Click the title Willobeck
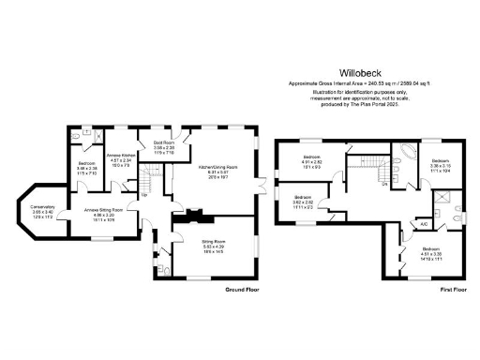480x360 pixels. coord(359,71)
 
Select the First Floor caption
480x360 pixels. coord(454,291)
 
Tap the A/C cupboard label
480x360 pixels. coord(423,224)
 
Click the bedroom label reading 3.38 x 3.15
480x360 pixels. coord(440,164)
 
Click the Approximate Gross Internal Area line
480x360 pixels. coord(359,84)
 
